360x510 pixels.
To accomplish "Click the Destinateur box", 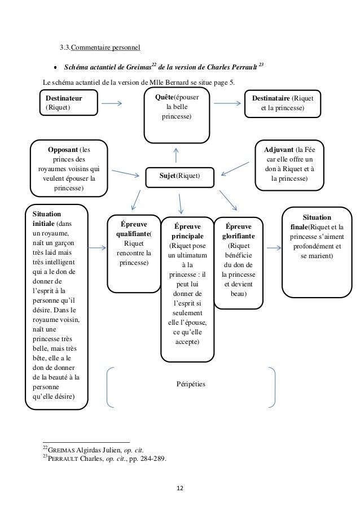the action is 68,102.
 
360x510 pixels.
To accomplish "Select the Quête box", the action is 177,115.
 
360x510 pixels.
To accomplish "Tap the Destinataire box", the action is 282,103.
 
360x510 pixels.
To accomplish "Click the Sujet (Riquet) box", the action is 179,177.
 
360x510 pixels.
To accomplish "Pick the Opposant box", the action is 69,168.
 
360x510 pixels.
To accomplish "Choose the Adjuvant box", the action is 289,165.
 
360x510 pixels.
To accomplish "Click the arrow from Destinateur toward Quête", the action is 112,103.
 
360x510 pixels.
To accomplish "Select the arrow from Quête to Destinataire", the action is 227,103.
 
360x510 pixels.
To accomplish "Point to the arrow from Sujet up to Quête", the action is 176,155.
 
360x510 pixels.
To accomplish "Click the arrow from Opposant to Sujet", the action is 125,173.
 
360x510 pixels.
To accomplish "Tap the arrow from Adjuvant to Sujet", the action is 235,169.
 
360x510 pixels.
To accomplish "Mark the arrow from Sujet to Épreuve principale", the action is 180,204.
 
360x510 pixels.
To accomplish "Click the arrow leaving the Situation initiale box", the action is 97,248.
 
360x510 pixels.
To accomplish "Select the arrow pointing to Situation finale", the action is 274,248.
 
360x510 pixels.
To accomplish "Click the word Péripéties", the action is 191,384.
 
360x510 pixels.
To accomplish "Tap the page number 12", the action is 180,488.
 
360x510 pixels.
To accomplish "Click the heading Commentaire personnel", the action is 106,47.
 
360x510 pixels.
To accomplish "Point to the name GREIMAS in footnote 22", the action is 62,450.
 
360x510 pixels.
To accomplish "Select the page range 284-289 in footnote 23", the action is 153,459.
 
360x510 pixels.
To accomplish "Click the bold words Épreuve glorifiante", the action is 239,231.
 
